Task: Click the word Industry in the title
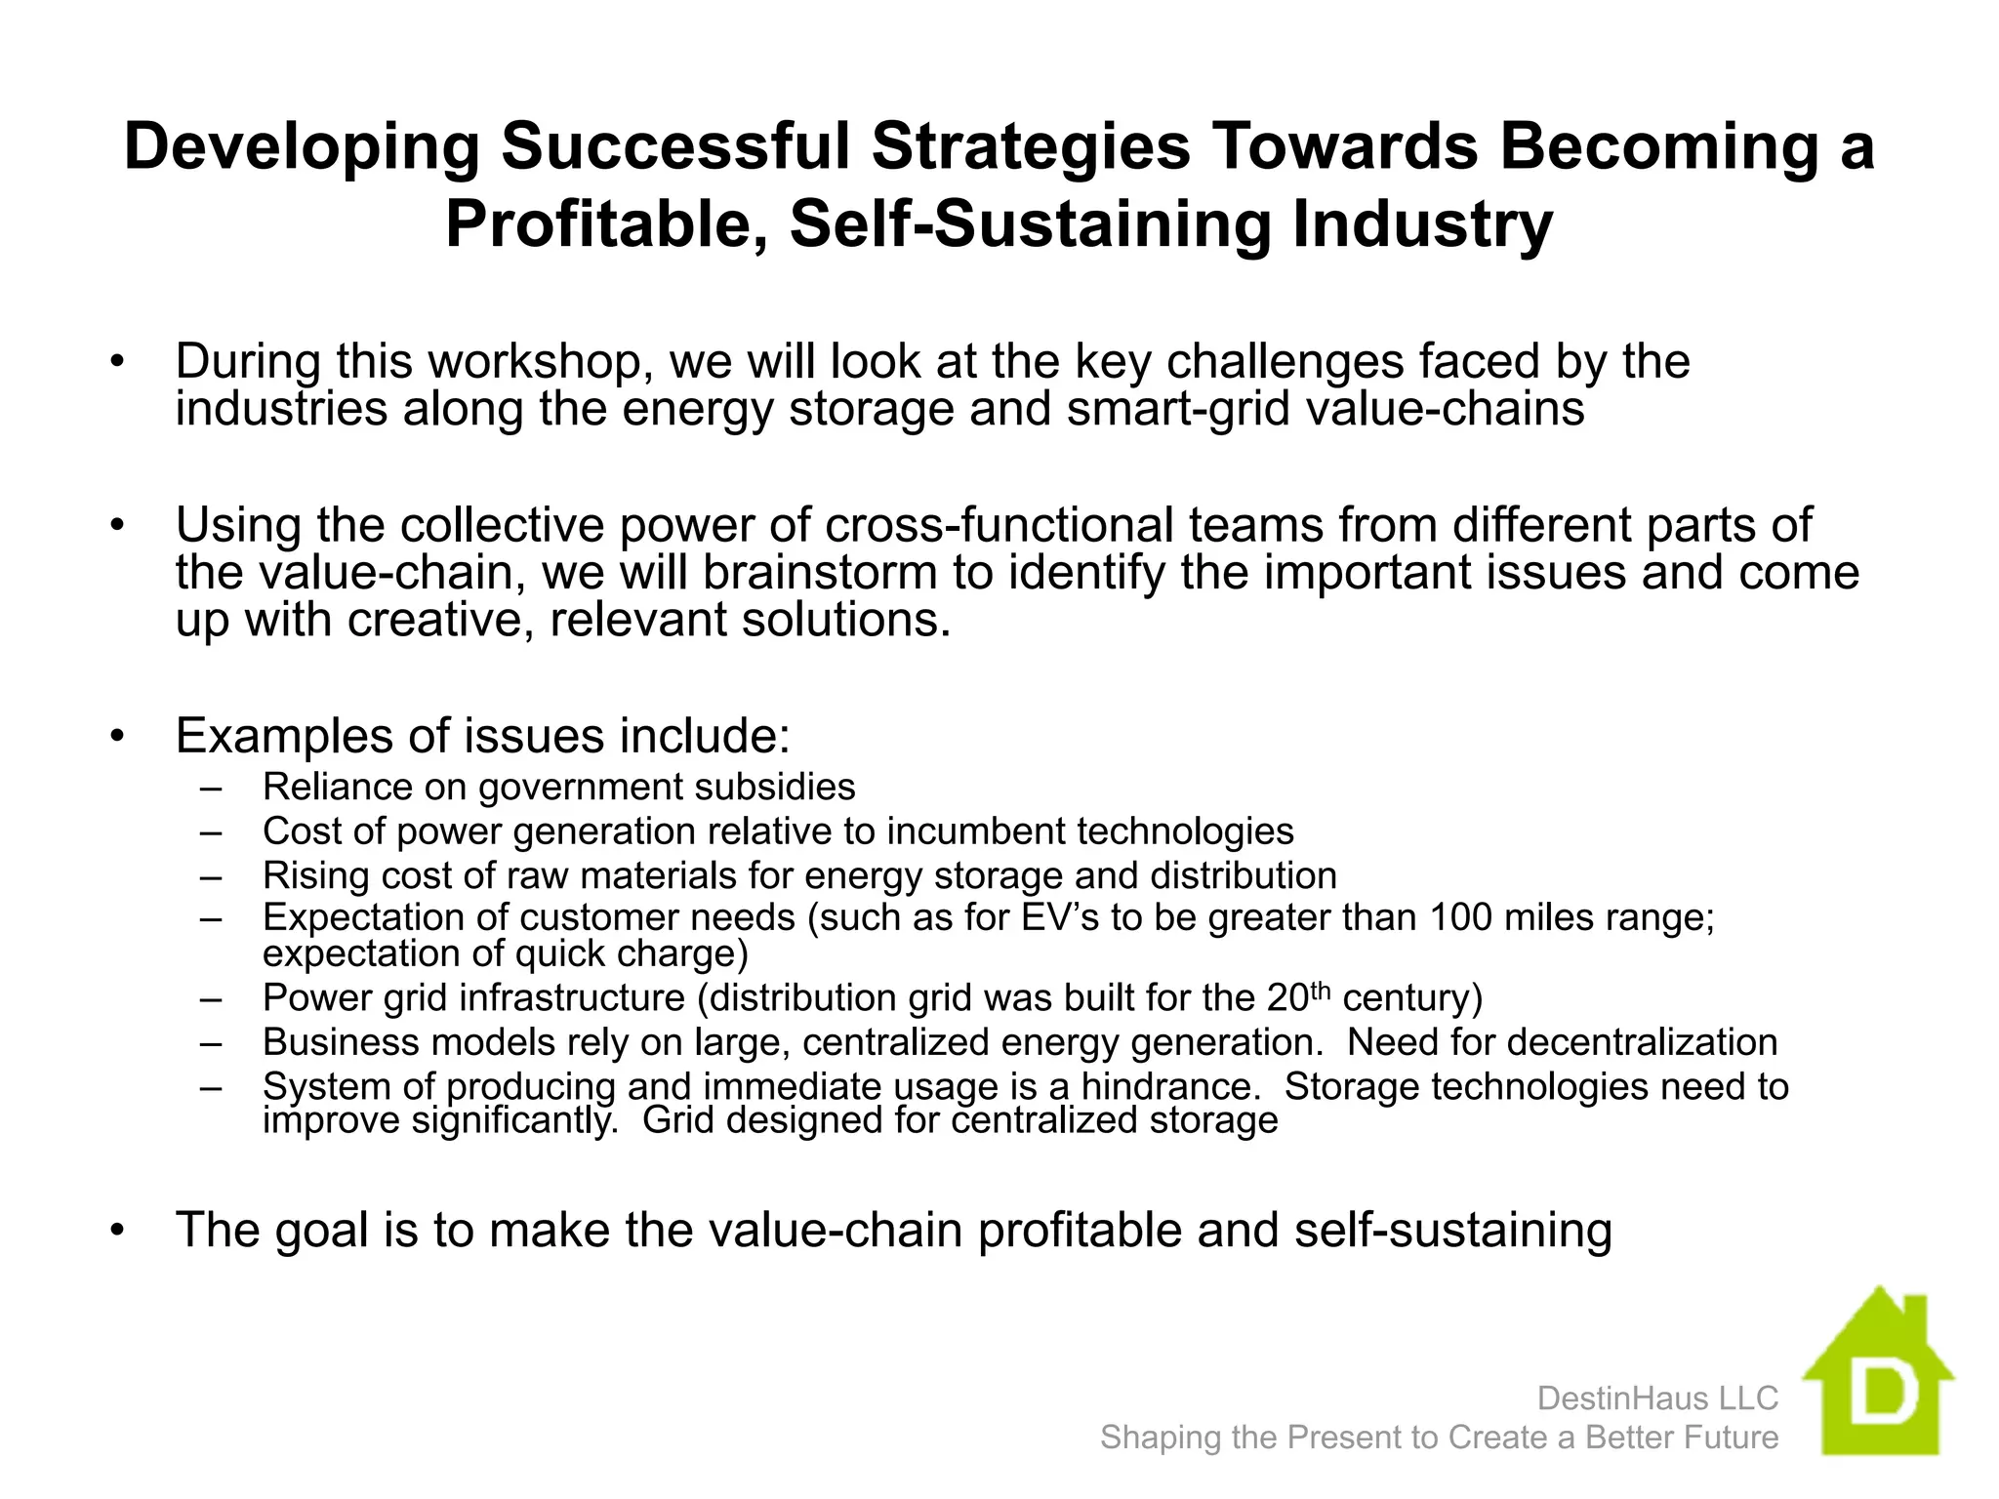pyautogui.click(x=1423, y=224)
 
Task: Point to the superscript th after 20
pyautogui.click(x=1320, y=991)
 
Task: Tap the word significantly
pyautogui.click(x=514, y=1120)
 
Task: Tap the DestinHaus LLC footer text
pyautogui.click(x=1657, y=1398)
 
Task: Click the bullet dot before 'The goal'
pyautogui.click(x=118, y=1230)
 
